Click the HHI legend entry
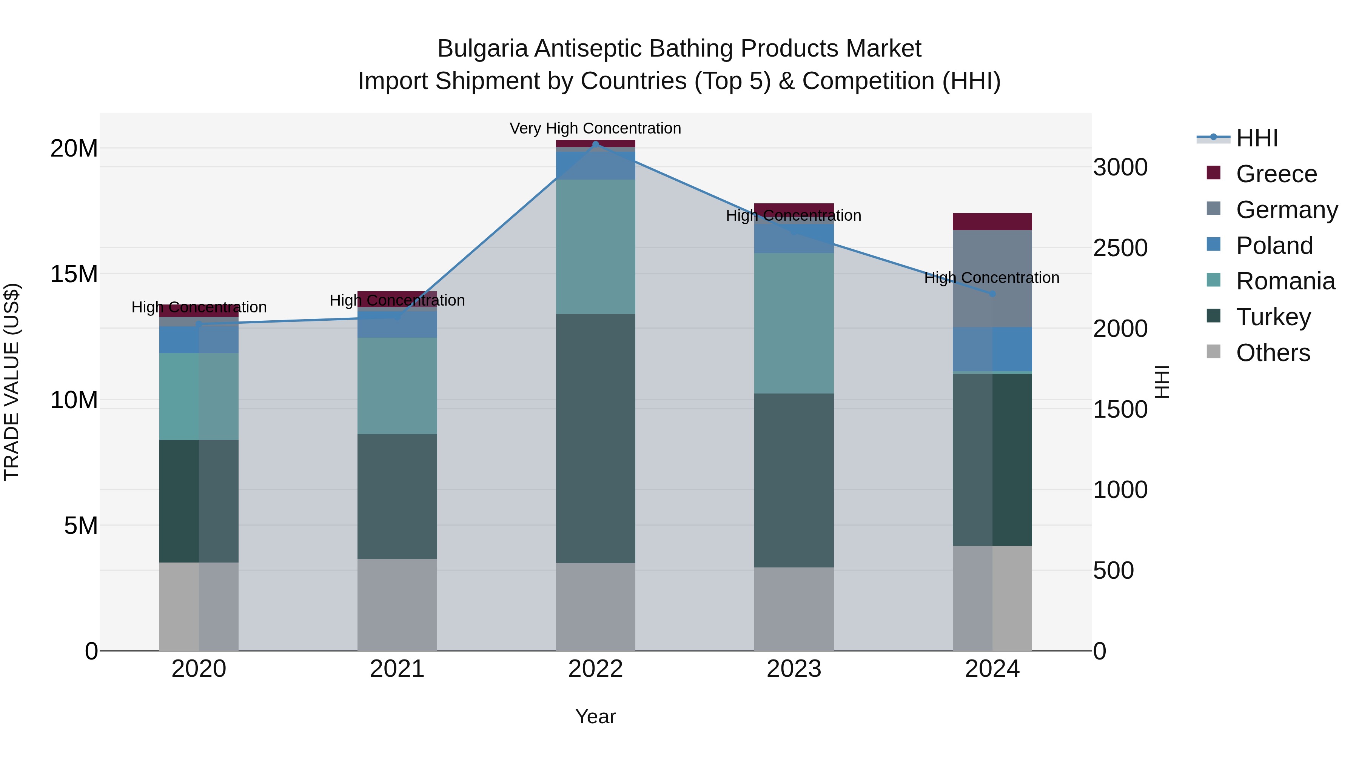(1257, 138)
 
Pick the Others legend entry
(1273, 353)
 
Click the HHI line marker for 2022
(596, 144)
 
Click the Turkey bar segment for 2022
(596, 438)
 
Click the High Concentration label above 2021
(397, 301)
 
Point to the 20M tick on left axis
(74, 149)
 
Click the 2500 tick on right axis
(1120, 248)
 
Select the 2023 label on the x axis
(794, 669)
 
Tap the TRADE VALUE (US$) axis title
(12, 382)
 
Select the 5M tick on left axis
(81, 526)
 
